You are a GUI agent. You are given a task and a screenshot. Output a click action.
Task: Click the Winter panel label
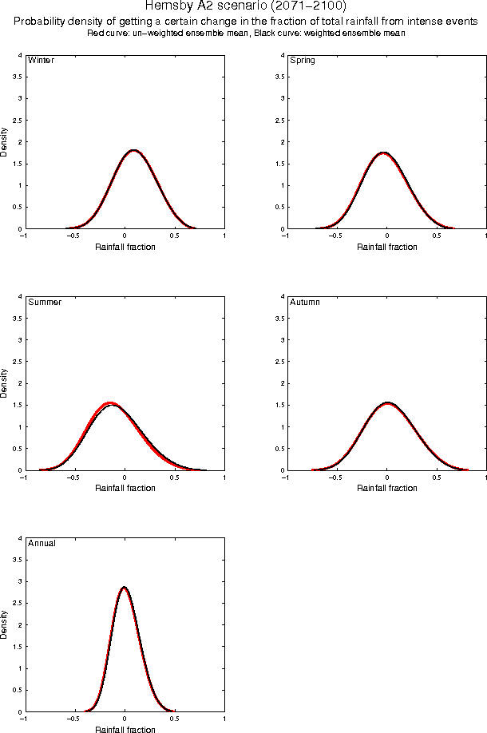(x=41, y=61)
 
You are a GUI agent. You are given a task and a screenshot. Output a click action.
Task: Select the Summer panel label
(x=45, y=303)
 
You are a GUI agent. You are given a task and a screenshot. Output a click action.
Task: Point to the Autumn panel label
(x=305, y=303)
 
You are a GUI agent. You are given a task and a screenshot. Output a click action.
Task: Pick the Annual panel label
(x=42, y=544)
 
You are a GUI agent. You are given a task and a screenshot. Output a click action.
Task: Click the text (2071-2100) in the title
(x=304, y=6)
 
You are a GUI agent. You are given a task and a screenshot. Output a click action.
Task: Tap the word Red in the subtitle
(x=95, y=34)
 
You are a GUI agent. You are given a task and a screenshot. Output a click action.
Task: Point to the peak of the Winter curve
(x=133, y=150)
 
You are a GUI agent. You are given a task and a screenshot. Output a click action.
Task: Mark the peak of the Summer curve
(x=111, y=404)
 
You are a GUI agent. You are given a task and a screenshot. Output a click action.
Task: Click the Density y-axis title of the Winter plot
(x=6, y=141)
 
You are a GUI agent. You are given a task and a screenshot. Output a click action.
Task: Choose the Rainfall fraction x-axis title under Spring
(x=386, y=247)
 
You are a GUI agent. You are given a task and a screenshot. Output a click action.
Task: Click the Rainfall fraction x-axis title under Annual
(x=125, y=730)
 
